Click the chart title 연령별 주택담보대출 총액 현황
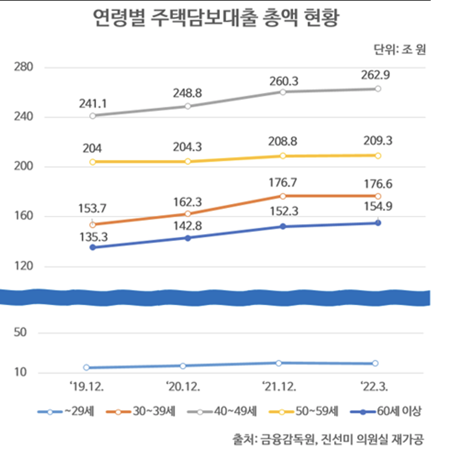tap(215, 18)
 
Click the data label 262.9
tap(377, 75)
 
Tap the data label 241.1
tap(93, 103)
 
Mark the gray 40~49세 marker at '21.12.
tap(283, 92)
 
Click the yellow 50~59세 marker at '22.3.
tap(378, 155)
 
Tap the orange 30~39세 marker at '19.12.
tap(92, 225)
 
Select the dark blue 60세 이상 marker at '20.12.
tap(188, 238)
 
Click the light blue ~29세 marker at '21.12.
tap(278, 363)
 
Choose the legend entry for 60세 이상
tap(388, 411)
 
